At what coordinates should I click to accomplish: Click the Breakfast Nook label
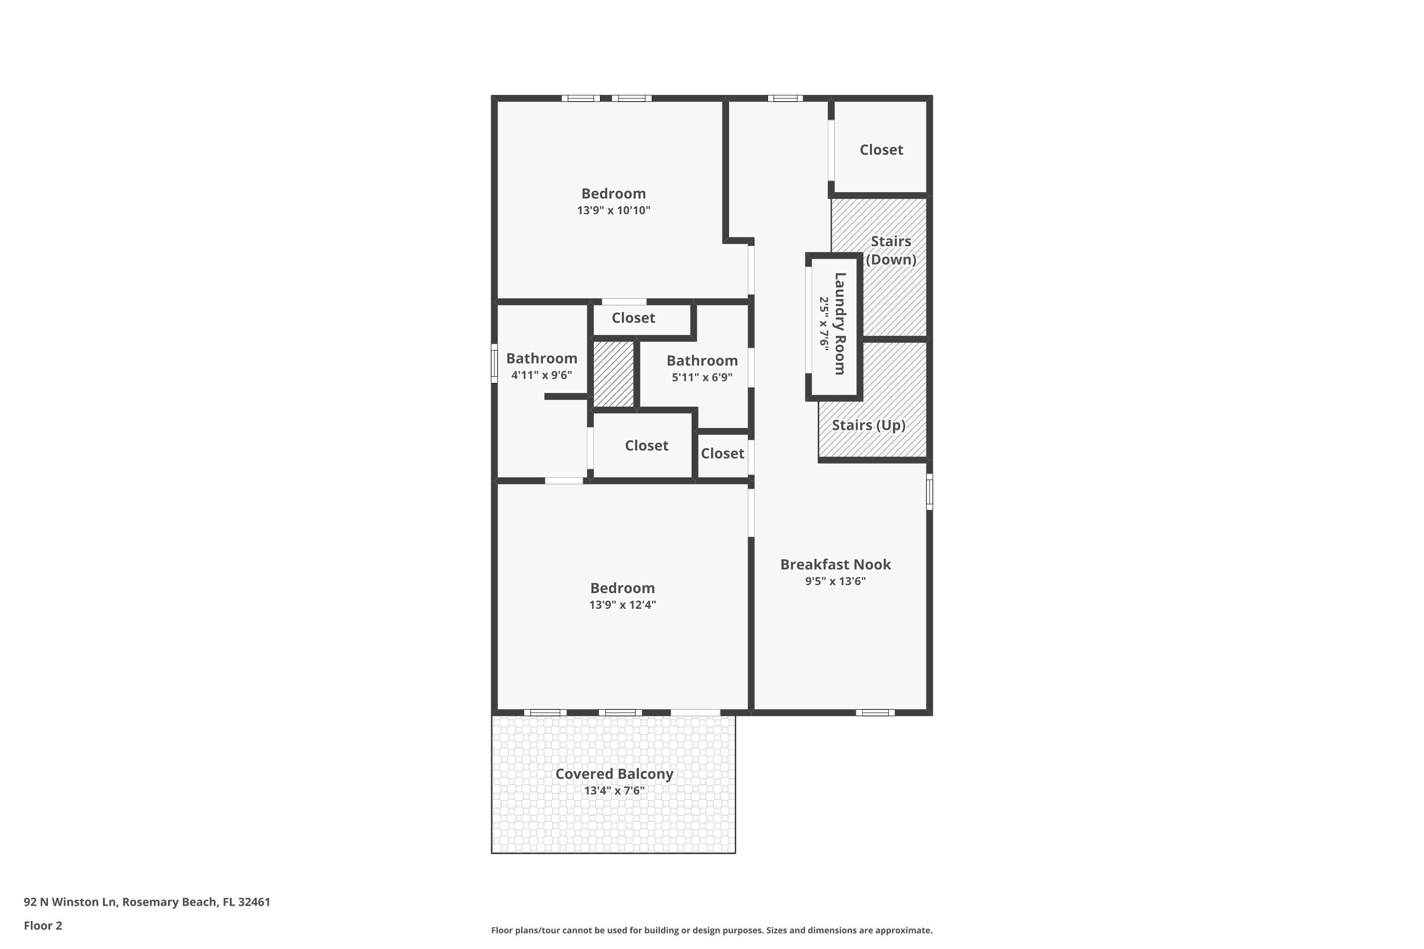[x=835, y=564]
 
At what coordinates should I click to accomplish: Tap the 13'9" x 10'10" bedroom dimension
[x=613, y=211]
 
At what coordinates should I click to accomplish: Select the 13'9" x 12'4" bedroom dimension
[x=622, y=605]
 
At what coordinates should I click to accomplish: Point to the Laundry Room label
[x=840, y=324]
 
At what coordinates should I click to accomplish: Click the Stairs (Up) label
[x=868, y=425]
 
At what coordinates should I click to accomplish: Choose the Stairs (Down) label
[x=890, y=250]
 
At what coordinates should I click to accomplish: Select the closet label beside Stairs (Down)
[x=881, y=149]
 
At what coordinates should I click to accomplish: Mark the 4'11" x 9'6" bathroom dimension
[x=541, y=375]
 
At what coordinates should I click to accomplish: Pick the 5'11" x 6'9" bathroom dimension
[x=702, y=378]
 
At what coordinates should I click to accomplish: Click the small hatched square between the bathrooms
[x=613, y=374]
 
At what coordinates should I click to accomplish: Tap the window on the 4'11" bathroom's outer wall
[x=494, y=363]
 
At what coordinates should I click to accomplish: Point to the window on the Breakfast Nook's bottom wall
[x=875, y=712]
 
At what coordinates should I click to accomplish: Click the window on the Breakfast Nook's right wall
[x=929, y=492]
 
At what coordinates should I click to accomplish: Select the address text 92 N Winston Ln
[x=70, y=902]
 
